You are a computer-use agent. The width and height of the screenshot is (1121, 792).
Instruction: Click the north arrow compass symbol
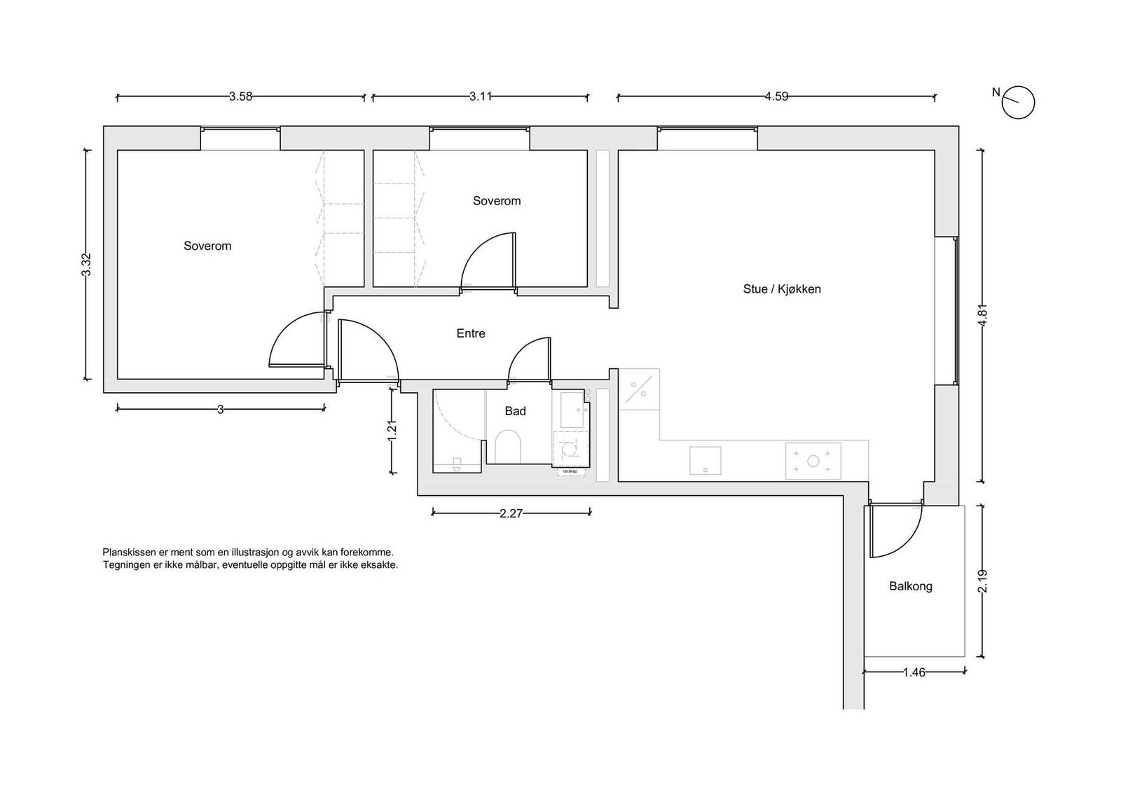tap(1019, 102)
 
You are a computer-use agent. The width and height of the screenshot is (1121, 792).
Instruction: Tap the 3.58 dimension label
tap(240, 97)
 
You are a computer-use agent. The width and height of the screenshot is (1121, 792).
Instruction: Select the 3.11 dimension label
tap(481, 97)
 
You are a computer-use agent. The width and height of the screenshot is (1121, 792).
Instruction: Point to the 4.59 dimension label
tap(776, 97)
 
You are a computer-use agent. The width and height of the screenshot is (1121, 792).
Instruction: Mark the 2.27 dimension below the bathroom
tap(511, 513)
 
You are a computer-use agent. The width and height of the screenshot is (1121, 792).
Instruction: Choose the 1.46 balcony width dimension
tap(914, 672)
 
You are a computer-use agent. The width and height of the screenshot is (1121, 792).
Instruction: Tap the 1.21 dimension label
tap(392, 431)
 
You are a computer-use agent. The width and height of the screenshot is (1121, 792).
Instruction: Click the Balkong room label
tap(910, 586)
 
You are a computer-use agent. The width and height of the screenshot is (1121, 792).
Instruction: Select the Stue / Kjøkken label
tap(782, 289)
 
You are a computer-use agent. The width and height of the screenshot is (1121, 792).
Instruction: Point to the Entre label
tap(471, 333)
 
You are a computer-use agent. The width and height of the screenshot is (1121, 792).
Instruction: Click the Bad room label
tap(515, 411)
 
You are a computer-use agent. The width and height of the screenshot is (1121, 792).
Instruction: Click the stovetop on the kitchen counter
tap(813, 461)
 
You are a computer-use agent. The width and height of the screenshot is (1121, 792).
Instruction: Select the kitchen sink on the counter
tap(705, 461)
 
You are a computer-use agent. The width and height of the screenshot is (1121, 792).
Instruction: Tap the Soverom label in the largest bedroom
tap(207, 246)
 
